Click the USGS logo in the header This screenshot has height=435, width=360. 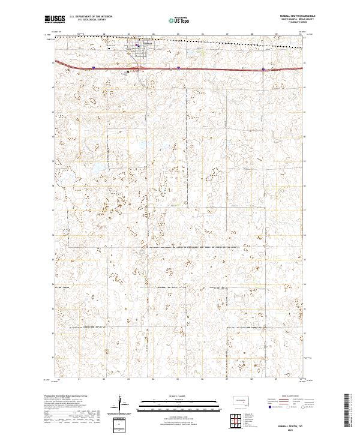[x=55, y=19]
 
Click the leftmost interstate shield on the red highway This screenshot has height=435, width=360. [x=94, y=68]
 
